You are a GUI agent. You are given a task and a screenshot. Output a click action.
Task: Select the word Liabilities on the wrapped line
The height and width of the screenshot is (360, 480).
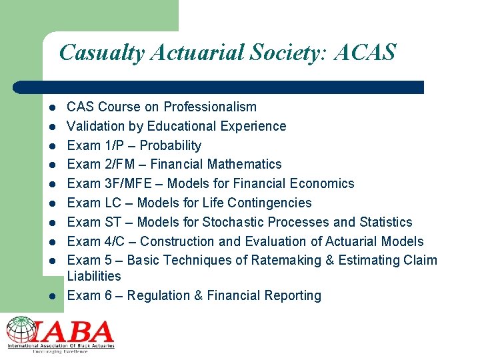point(94,276)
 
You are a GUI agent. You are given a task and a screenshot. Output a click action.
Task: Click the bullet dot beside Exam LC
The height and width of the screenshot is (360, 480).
point(52,203)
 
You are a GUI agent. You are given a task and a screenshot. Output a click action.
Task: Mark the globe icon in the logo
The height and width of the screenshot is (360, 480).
point(20,330)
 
